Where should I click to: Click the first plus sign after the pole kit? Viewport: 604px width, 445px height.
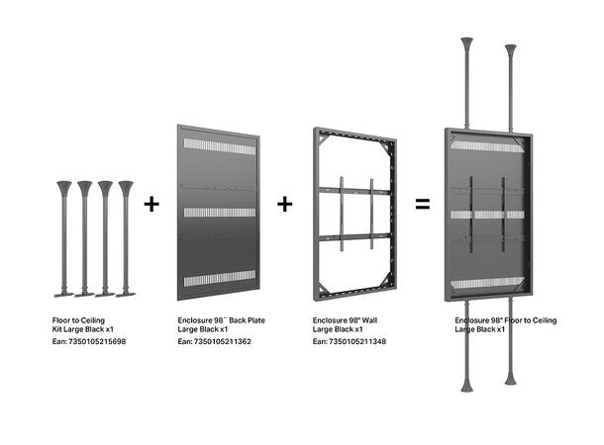(151, 204)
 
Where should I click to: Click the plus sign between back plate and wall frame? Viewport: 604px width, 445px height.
(285, 204)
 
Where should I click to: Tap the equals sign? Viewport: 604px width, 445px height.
(422, 205)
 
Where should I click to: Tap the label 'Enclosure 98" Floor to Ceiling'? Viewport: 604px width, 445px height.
(505, 320)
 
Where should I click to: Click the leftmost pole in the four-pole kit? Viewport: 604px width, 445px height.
(65, 237)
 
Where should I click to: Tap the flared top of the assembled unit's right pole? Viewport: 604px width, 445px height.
(512, 49)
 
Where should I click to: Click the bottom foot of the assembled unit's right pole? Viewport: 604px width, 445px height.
(511, 378)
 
